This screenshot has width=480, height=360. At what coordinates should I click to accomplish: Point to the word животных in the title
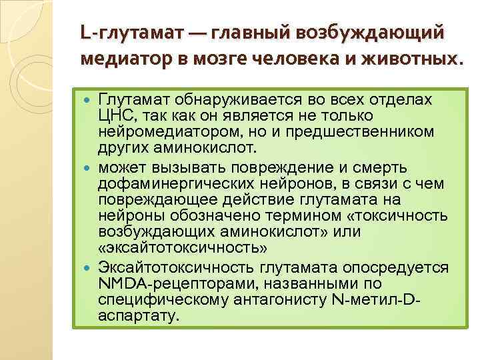pos(408,59)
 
